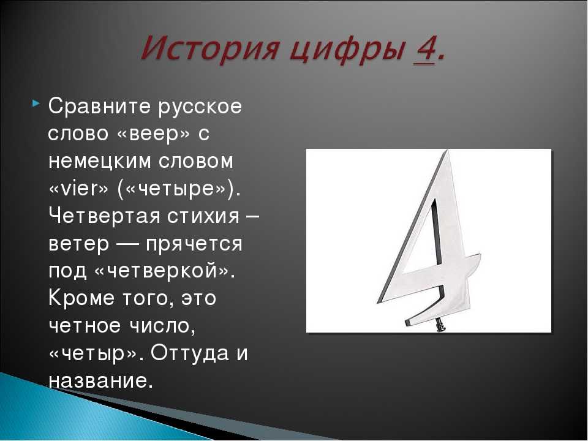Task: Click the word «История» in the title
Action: click(x=209, y=49)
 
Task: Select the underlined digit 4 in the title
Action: click(x=424, y=50)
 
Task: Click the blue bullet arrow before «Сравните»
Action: click(x=36, y=102)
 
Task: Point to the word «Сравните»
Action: click(x=99, y=107)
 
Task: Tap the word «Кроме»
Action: click(x=81, y=298)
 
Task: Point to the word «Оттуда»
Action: click(x=190, y=353)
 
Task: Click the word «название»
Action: click(x=97, y=381)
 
